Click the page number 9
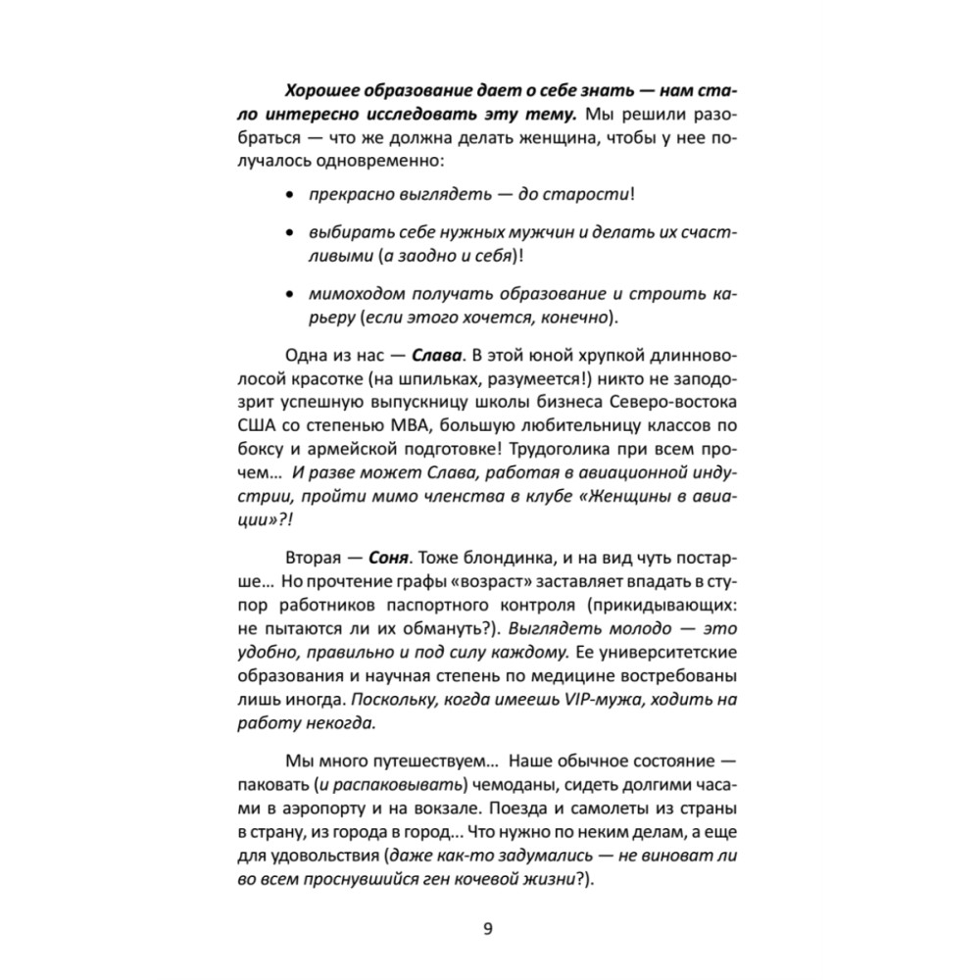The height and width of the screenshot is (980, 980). (489, 929)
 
